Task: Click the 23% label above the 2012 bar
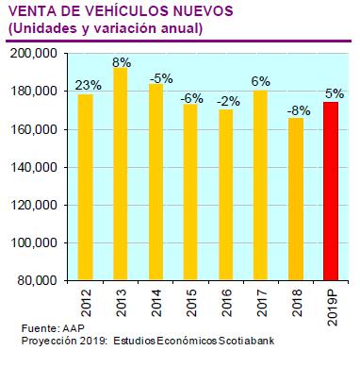[87, 87]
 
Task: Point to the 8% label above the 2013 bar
[121, 62]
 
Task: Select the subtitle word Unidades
[41, 29]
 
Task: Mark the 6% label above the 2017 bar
[261, 82]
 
